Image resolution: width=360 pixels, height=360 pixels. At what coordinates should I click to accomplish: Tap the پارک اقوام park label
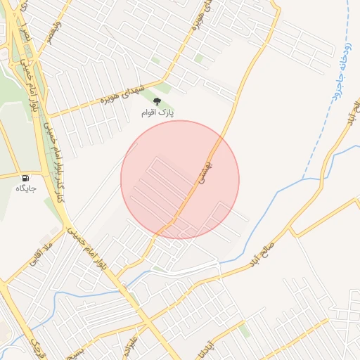(x=157, y=112)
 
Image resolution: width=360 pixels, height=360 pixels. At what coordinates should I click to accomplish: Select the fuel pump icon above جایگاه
(x=26, y=179)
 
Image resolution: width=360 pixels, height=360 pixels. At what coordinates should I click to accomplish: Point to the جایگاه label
(x=25, y=189)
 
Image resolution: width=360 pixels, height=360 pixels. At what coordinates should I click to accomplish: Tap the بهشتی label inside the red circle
(x=204, y=170)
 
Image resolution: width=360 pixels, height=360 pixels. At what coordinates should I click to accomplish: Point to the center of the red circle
(x=180, y=179)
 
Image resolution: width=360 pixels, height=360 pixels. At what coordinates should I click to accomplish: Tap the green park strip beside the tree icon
(x=164, y=89)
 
